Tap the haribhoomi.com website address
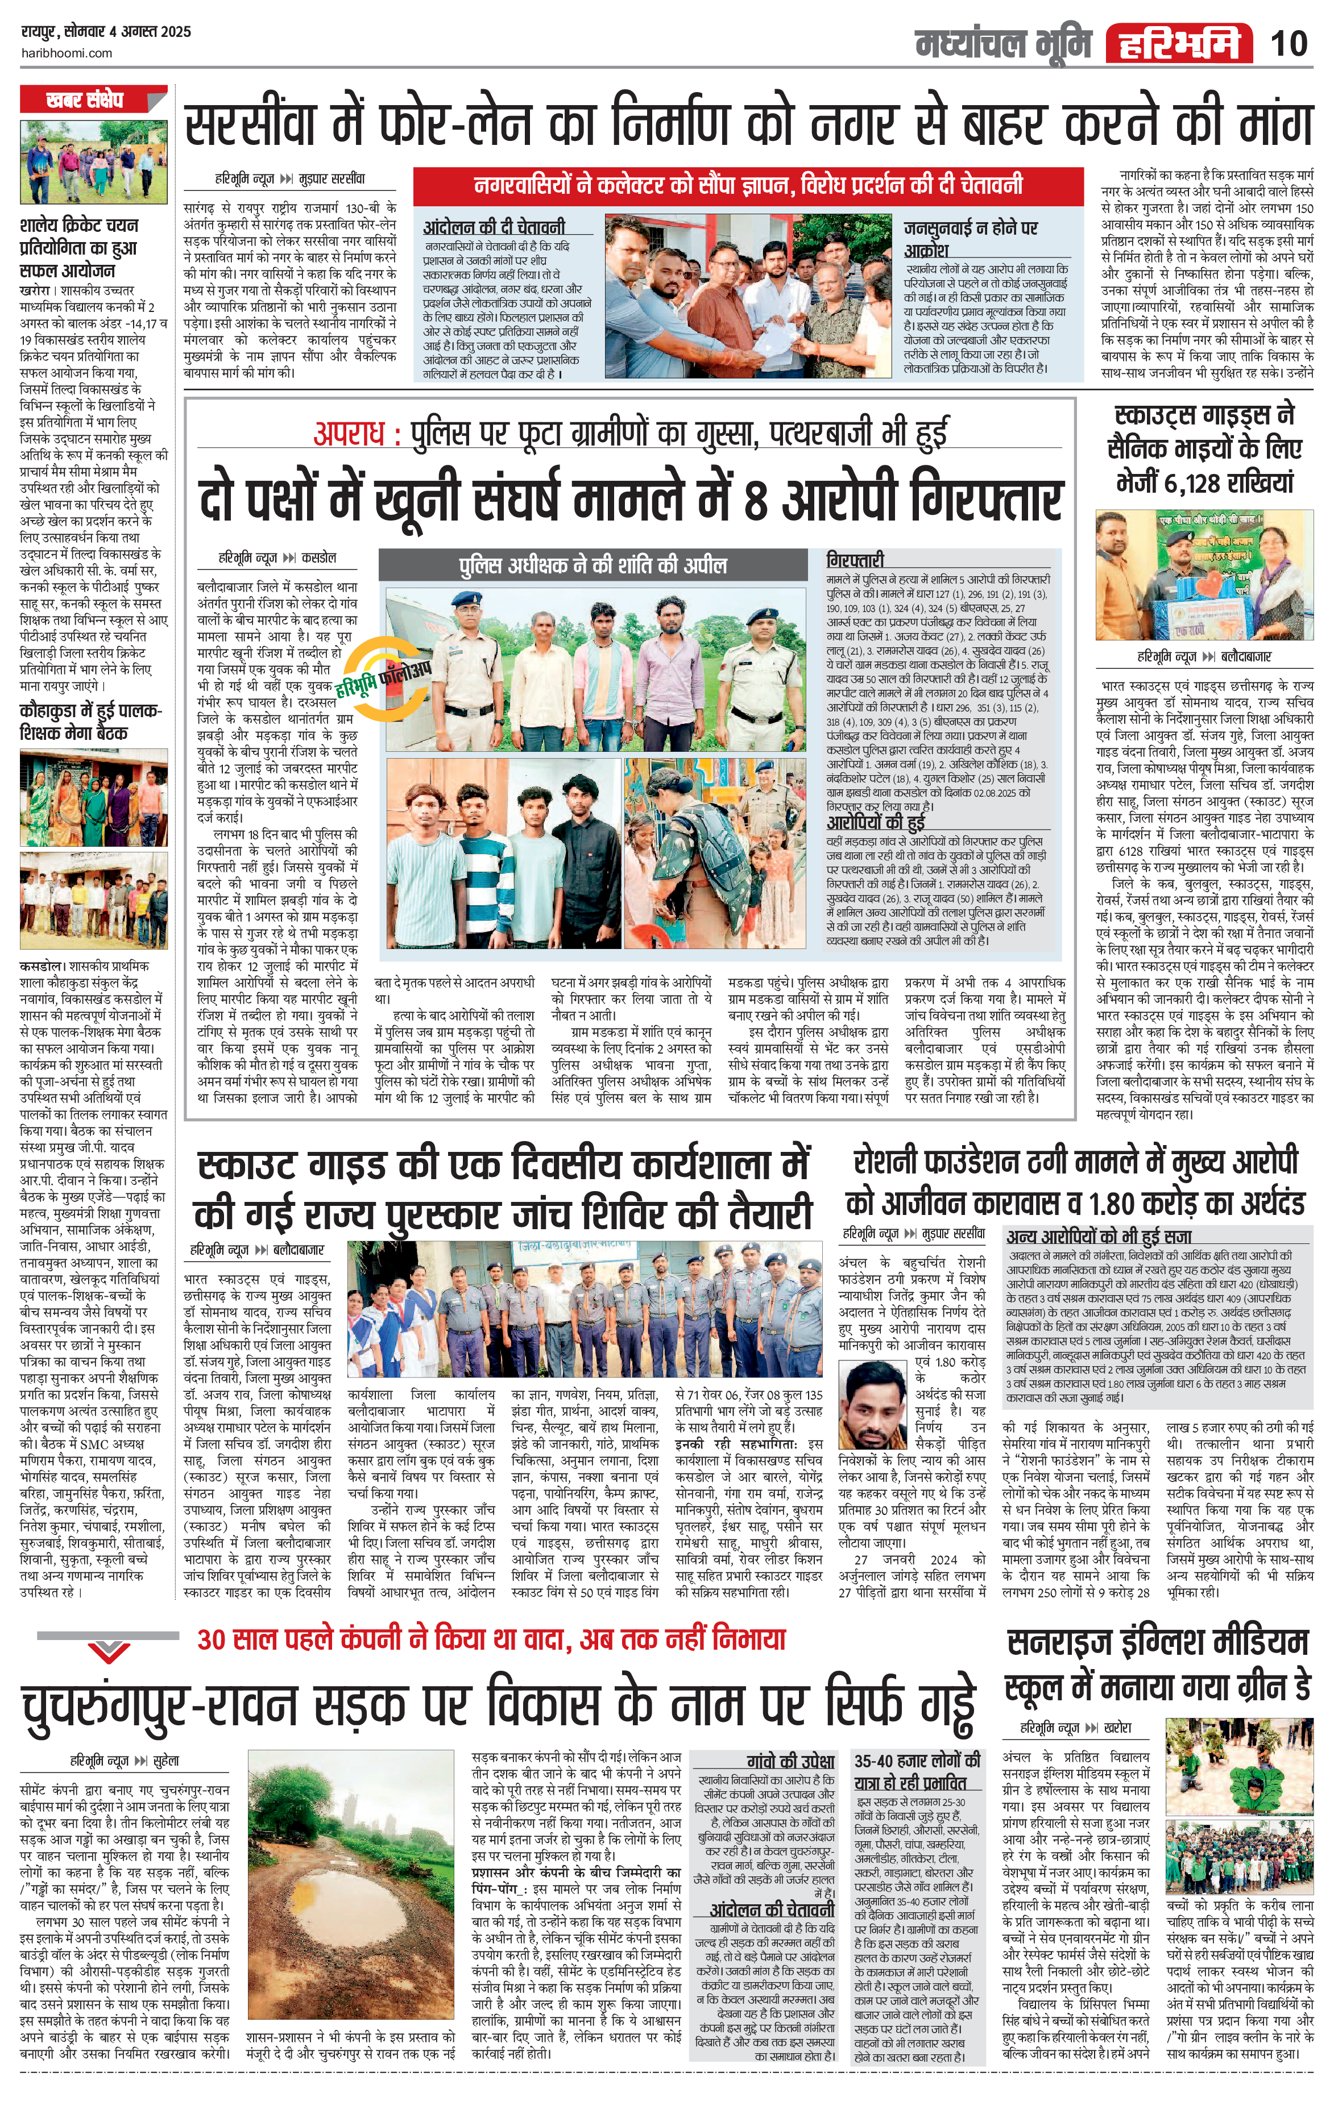coord(66,53)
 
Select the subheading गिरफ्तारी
coord(855,559)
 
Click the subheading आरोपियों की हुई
coord(876,823)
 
